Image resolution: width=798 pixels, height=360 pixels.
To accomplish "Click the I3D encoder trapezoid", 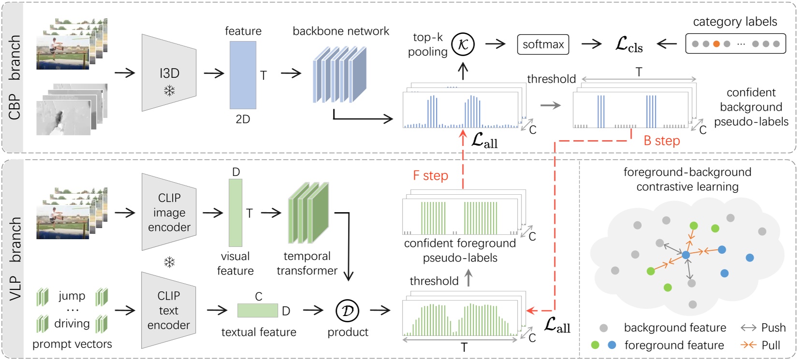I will tap(169, 72).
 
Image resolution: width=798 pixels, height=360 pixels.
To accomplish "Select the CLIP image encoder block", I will tap(169, 212).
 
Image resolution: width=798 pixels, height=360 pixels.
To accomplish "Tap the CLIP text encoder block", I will tap(169, 310).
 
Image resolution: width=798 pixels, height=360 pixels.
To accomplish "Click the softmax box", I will tap(543, 44).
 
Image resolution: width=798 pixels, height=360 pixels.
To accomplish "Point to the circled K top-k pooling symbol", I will tap(463, 44).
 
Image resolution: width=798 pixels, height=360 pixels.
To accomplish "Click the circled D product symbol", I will tap(348, 311).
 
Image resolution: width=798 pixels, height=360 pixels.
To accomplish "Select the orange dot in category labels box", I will tap(716, 44).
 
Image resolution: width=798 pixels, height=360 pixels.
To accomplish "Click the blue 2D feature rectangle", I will tap(243, 75).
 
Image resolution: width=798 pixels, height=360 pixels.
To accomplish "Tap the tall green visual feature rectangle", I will tap(235, 213).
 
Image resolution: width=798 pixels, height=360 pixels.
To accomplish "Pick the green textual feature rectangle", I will tap(258, 310).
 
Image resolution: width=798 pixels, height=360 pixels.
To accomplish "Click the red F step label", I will tap(430, 176).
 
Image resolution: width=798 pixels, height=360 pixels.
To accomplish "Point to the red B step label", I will tap(662, 141).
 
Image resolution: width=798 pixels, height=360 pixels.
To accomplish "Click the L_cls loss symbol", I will tap(628, 44).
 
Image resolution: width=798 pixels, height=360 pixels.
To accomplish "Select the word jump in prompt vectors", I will tap(72, 295).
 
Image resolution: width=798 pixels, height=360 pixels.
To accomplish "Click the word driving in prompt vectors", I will tap(72, 323).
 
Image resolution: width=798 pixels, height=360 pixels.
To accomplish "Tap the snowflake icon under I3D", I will tap(169, 90).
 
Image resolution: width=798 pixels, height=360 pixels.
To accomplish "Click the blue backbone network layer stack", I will tap(339, 75).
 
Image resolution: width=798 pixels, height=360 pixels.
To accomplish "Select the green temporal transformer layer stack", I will tap(308, 213).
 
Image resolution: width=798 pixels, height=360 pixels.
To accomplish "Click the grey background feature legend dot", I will tap(604, 328).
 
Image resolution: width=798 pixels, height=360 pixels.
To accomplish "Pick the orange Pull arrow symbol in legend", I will tap(748, 345).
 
